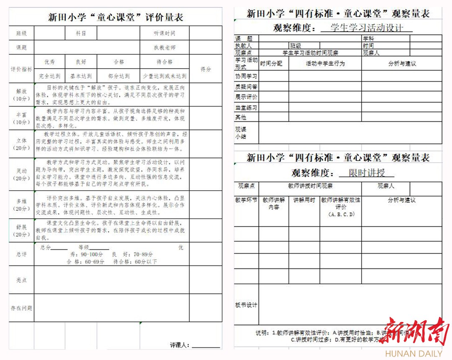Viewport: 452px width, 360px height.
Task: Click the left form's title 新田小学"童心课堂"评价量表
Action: tap(116, 18)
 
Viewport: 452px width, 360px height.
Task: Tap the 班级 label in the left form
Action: tap(21, 33)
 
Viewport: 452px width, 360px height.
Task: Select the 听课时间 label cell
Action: tap(164, 33)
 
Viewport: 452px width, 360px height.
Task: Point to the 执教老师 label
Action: tap(164, 48)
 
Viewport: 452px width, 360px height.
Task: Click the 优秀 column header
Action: tap(49, 62)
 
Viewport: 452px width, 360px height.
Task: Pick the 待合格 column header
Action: tap(164, 62)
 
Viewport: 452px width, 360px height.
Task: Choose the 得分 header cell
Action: tap(205, 69)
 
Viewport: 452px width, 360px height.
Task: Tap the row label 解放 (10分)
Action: tap(21, 95)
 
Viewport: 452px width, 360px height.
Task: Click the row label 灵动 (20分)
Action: tap(21, 174)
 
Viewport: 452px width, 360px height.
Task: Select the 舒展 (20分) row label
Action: tap(21, 230)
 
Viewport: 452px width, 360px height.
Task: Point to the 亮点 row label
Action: tap(21, 280)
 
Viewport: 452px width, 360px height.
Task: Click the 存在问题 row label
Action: tap(21, 308)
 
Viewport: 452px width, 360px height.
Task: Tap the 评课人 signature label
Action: tap(180, 345)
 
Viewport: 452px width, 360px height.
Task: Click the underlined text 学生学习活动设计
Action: tap(366, 28)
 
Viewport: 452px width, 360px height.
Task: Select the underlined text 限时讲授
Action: tap(366, 173)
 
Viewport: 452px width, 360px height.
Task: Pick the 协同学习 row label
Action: tap(246, 77)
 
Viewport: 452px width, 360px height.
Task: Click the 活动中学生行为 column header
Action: tap(325, 64)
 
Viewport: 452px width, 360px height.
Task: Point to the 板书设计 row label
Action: tap(246, 305)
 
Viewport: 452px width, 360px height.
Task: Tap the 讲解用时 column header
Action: tap(304, 200)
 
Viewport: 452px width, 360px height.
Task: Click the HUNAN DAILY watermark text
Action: tap(413, 354)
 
